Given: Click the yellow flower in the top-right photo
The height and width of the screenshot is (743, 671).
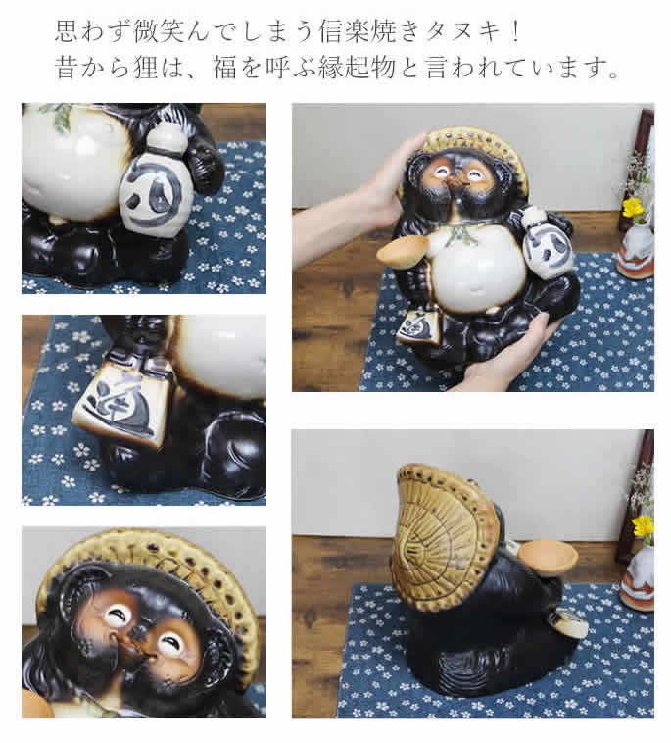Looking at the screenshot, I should [633, 208].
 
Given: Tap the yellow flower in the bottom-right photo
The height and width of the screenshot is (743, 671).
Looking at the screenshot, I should [643, 526].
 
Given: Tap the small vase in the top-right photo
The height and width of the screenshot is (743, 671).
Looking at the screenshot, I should [635, 254].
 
